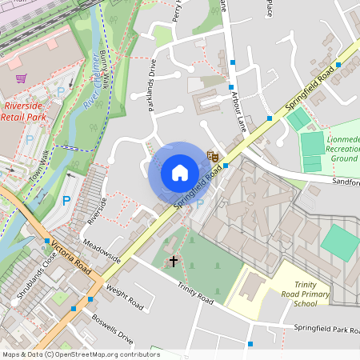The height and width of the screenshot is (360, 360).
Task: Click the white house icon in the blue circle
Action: click(x=180, y=173)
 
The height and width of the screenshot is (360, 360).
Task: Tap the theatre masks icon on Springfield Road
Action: click(x=213, y=156)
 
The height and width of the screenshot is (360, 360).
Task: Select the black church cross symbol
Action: click(x=173, y=261)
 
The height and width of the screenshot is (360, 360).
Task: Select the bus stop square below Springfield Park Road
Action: click(x=250, y=344)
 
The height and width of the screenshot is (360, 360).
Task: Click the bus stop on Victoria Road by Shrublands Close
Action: click(x=47, y=240)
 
